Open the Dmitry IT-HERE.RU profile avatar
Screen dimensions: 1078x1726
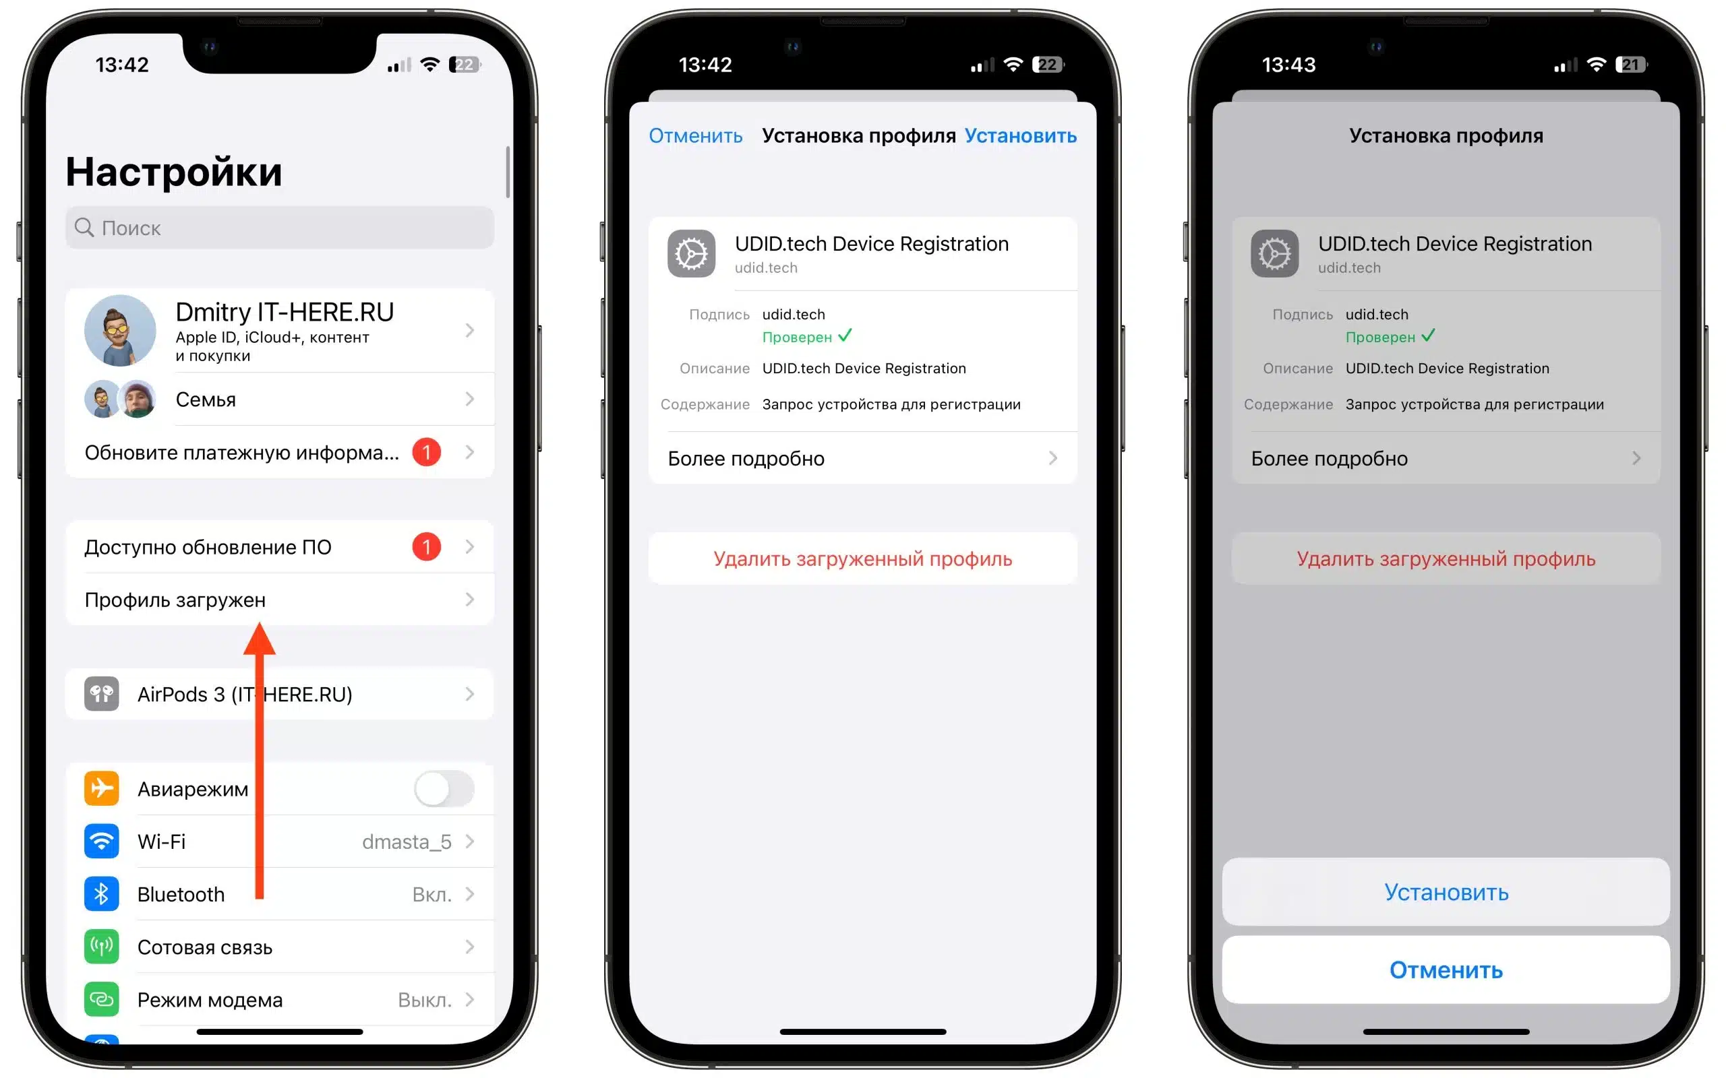(120, 331)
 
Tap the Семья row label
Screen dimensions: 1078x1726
(206, 400)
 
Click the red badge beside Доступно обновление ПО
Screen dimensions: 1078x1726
(427, 547)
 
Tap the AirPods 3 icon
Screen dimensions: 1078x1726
(101, 695)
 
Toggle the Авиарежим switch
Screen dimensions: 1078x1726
(444, 788)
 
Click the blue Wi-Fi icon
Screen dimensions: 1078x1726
(101, 842)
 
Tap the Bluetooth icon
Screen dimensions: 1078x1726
(101, 894)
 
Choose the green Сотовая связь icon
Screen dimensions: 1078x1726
(101, 947)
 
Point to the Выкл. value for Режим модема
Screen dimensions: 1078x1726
(424, 1001)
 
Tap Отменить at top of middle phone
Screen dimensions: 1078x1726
(695, 136)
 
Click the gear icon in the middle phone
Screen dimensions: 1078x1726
(691, 254)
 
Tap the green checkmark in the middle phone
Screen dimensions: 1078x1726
(845, 336)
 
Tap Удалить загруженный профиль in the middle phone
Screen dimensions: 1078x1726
(862, 559)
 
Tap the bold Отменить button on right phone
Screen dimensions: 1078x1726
(1446, 970)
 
